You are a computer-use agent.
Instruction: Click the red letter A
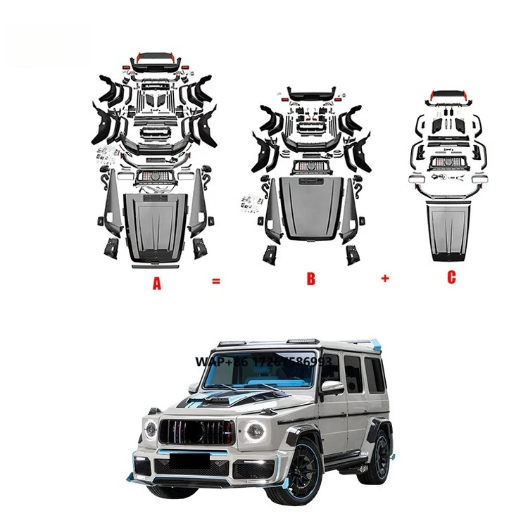coord(157,284)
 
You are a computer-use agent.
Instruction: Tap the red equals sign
coord(216,281)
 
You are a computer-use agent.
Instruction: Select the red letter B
coord(310,279)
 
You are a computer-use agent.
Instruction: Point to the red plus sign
coord(385,278)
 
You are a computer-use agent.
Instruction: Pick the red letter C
coord(451,277)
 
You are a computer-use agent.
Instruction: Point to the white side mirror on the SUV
coord(332,386)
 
